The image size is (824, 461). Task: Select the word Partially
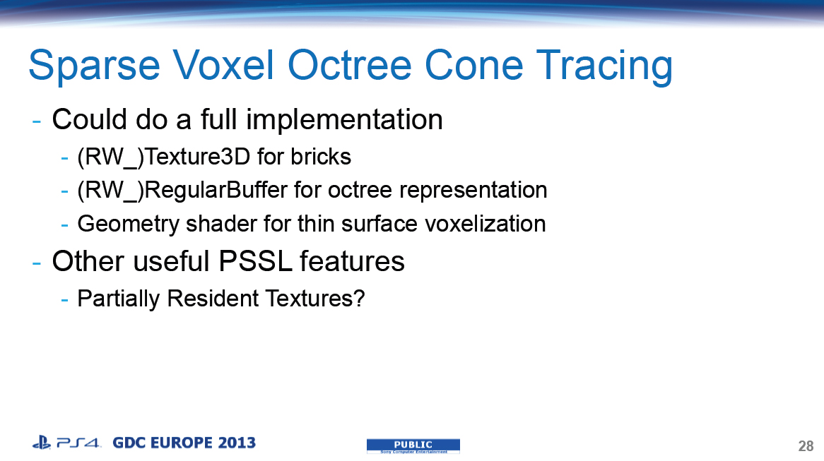119,299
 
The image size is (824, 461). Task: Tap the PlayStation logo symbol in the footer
41,443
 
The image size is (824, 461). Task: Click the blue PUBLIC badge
413,445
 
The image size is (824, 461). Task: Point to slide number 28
806,446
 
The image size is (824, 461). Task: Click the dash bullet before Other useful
37,262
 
